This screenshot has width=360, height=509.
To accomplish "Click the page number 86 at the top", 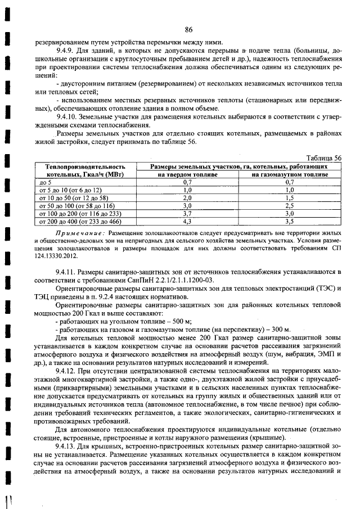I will coord(188,30).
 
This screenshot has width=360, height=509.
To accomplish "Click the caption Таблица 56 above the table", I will coord(322,159).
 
